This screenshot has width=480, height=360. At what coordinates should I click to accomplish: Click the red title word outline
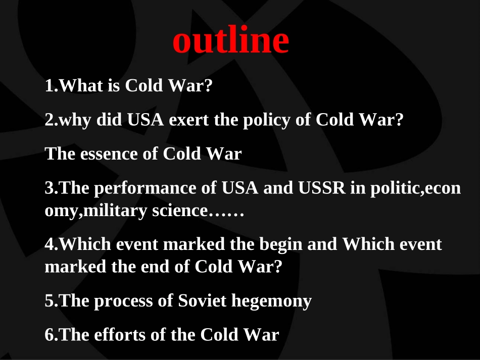(231, 41)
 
